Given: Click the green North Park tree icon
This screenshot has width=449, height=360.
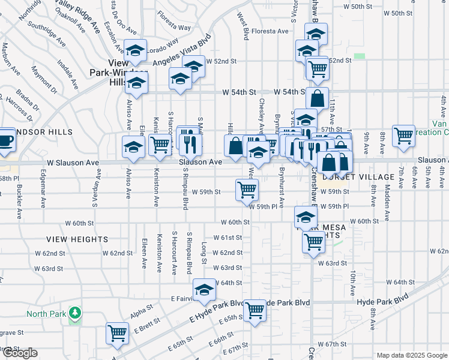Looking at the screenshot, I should tap(74, 313).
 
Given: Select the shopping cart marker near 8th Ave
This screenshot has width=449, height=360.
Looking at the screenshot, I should tap(403, 136).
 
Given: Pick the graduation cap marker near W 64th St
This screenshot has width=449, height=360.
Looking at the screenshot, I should tap(204, 290).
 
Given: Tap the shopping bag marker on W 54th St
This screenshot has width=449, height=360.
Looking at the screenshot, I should tap(317, 98).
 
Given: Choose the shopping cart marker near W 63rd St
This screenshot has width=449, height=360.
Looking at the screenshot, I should tap(313, 242).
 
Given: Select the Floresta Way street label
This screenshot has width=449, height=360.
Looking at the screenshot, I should tap(175, 27).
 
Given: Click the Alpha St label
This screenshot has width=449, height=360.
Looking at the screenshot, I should tap(141, 312).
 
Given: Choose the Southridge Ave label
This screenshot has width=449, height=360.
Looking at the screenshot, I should tap(46, 35).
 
